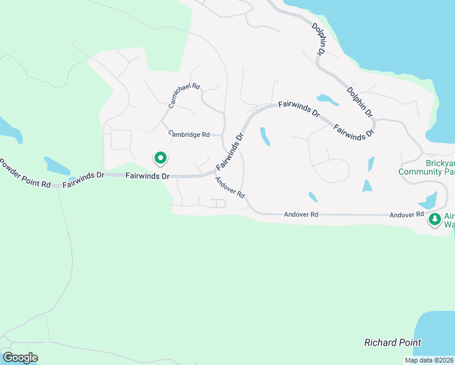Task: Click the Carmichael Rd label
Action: tap(184, 96)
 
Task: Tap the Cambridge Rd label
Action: tap(189, 134)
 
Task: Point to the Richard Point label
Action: tap(392, 342)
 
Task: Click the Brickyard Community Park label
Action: tap(426, 168)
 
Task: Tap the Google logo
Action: tap(20, 358)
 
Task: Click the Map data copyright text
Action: tap(429, 360)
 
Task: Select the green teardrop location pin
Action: tap(161, 158)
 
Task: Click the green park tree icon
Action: tap(434, 219)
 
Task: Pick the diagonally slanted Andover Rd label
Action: tap(229, 187)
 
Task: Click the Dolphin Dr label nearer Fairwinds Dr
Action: tap(359, 102)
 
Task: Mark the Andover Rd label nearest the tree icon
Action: tap(406, 215)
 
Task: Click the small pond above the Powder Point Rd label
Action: tap(57, 165)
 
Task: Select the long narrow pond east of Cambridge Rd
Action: tap(265, 136)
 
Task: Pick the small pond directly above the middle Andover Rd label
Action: tap(312, 196)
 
